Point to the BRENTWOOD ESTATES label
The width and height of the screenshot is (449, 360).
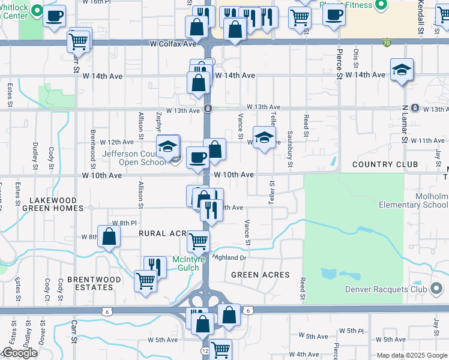tap(94, 283)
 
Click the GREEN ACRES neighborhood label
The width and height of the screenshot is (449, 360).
tap(261, 275)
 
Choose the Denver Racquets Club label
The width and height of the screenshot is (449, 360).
tap(385, 289)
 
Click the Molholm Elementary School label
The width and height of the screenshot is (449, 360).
tap(414, 200)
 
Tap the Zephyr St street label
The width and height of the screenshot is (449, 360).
tap(159, 122)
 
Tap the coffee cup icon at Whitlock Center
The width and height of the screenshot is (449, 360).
tap(55, 16)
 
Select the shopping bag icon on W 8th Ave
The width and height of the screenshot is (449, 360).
tap(109, 237)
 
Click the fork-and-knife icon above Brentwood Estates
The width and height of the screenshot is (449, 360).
tap(155, 266)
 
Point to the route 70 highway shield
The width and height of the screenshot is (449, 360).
tap(386, 43)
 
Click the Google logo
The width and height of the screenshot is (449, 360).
tap(19, 353)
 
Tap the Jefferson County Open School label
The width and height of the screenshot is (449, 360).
tap(133, 158)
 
